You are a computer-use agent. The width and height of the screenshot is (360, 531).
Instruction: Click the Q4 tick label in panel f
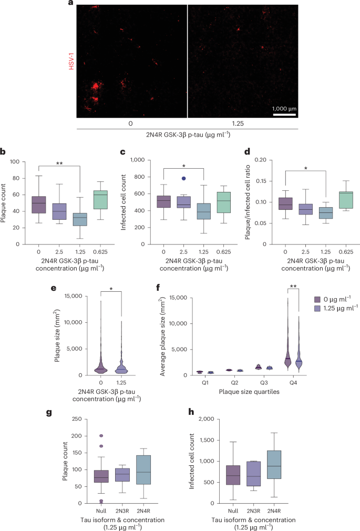pos(293,384)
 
